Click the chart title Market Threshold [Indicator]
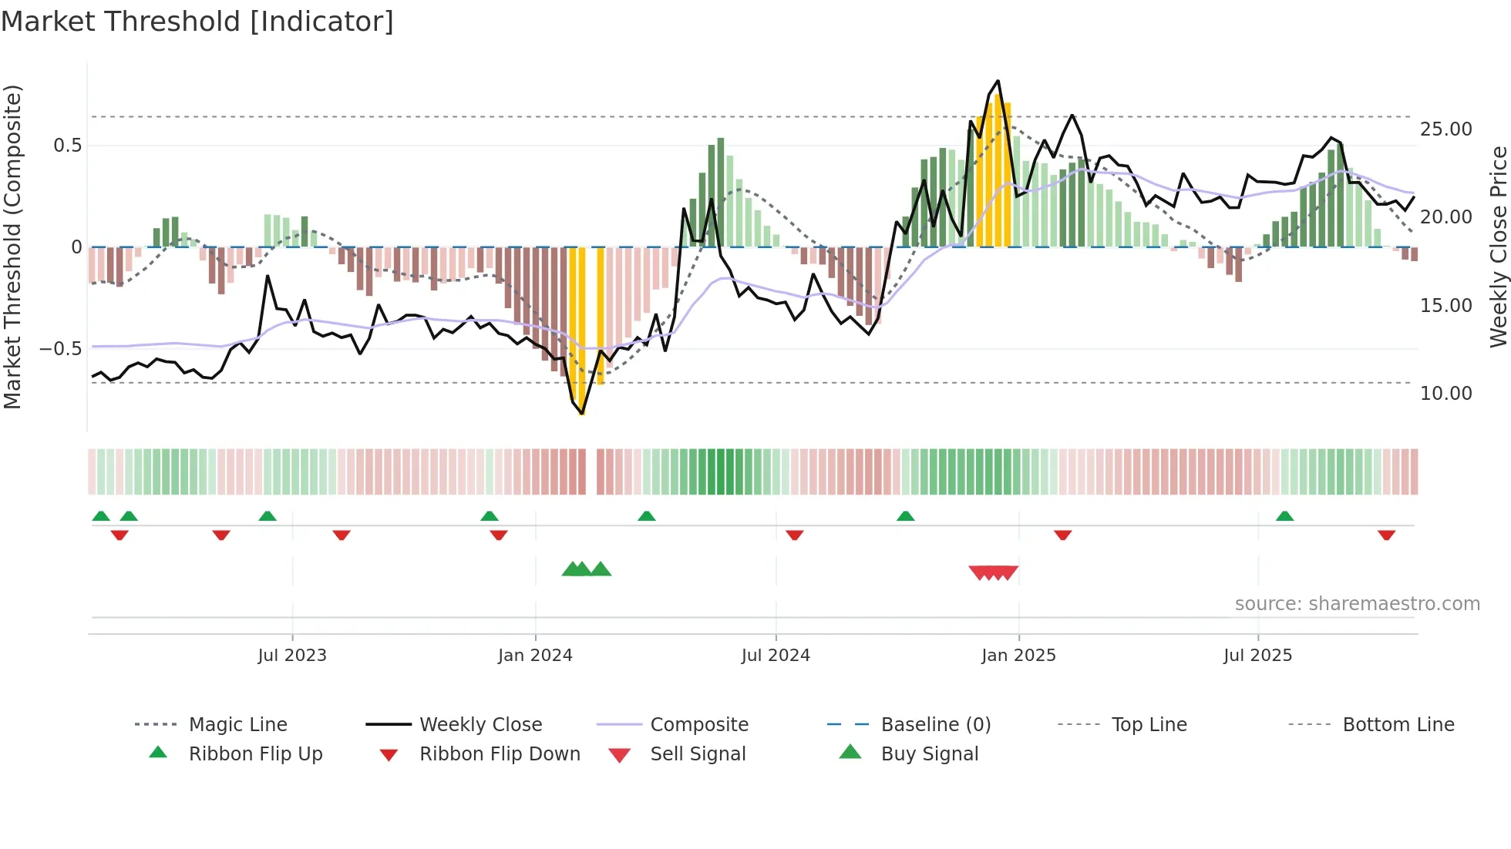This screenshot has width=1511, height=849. [197, 22]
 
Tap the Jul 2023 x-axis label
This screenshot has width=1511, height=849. [292, 656]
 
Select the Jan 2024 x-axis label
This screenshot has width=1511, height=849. [535, 656]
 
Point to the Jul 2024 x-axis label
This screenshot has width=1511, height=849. [776, 656]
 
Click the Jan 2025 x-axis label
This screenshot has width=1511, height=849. [1018, 656]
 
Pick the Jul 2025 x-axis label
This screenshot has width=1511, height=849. [1257, 656]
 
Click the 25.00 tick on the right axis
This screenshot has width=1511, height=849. [1445, 129]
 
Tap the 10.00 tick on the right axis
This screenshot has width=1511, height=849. [1445, 394]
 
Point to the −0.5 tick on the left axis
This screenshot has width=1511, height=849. [60, 349]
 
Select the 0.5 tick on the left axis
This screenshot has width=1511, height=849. [67, 146]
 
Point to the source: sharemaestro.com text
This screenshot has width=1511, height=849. [1357, 604]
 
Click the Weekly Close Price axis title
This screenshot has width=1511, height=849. [1498, 247]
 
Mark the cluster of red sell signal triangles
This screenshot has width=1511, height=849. [994, 572]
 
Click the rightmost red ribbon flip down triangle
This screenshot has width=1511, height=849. [1386, 535]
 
